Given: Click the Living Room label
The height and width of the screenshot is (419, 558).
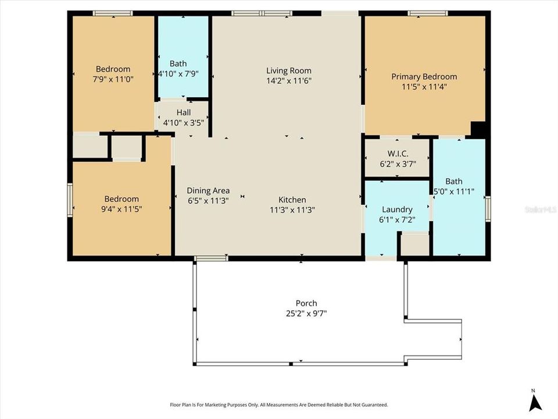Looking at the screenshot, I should [x=289, y=71].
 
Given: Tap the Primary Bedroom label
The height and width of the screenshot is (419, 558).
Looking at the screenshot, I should [x=424, y=76].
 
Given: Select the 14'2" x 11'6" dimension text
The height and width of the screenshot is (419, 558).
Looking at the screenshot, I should [x=289, y=81].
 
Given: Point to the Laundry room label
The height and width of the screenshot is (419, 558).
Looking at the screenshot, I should [x=397, y=210].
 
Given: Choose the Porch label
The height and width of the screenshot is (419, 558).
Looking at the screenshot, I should [x=306, y=303].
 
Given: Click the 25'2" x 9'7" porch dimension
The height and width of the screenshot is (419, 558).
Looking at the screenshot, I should [x=306, y=314].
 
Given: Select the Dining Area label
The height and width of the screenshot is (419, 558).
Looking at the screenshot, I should [x=208, y=190].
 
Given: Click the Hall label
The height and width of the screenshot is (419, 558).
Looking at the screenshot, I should [x=184, y=112].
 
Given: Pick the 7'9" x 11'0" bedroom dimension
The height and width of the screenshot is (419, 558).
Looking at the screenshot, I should [x=113, y=79].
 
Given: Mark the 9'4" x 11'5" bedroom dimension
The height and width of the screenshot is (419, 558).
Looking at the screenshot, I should [x=121, y=209].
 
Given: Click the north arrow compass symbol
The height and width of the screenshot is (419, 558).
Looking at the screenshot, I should [x=535, y=402].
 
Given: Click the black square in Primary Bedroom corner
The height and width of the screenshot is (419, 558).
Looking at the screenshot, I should [x=478, y=129].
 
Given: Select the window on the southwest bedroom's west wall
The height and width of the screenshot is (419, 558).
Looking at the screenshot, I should [x=70, y=200].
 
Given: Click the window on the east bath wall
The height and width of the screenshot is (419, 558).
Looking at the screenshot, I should [x=488, y=205].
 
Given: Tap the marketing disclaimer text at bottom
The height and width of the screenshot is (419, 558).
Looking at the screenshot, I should [x=278, y=404].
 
